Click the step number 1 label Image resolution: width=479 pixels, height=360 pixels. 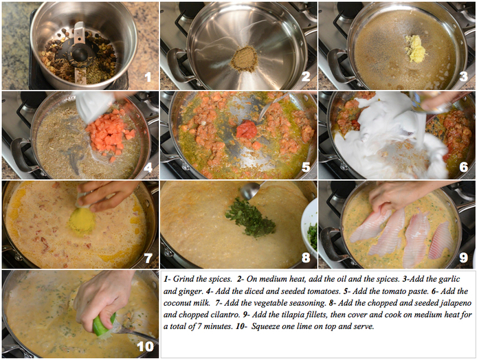pos(147,78)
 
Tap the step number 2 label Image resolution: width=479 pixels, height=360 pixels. pos(306,78)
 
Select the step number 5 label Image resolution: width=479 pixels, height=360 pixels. pos(306,167)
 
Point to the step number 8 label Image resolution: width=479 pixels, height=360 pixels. pos(306,257)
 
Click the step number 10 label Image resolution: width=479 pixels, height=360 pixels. pos(144,346)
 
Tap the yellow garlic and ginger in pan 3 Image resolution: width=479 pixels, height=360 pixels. pos(416,49)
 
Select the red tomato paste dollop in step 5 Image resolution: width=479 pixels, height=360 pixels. pos(247,130)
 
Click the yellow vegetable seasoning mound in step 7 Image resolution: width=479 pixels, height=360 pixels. pos(82,220)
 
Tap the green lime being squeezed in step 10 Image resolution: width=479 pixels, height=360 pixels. pos(104,325)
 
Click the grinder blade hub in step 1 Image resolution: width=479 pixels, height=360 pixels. pos(80,51)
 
